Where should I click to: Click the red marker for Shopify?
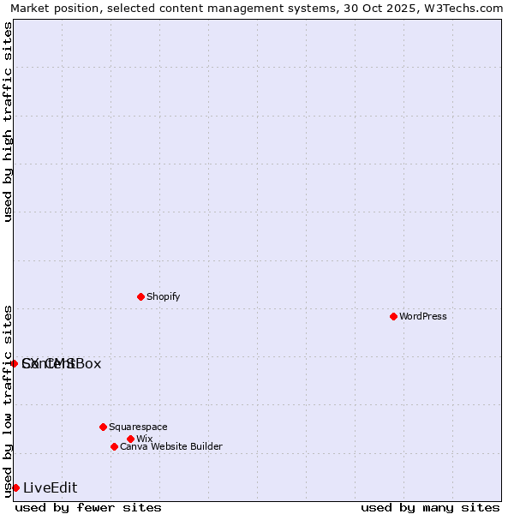(140, 296)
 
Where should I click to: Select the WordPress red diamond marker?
(393, 316)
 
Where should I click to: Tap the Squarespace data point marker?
(103, 427)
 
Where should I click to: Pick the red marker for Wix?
(130, 439)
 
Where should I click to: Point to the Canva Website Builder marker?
(114, 446)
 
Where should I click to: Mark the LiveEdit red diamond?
(15, 487)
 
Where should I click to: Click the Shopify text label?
(163, 296)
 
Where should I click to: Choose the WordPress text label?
(423, 316)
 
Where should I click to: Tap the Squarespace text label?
(138, 427)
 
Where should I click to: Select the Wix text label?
(144, 439)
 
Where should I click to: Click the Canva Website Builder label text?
(171, 446)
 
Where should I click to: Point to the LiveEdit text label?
(50, 487)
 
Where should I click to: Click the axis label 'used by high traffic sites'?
(8, 122)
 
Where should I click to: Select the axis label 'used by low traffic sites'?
(8, 400)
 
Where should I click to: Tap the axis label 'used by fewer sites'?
(88, 507)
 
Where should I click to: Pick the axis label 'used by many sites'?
(430, 507)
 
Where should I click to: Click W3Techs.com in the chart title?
(461, 8)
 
